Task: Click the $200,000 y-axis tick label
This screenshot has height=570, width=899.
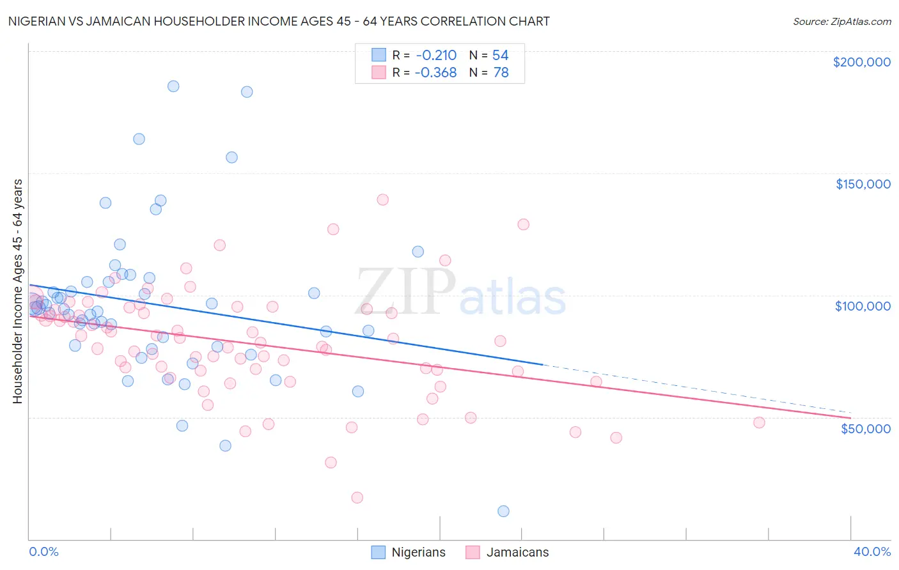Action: [x=861, y=62]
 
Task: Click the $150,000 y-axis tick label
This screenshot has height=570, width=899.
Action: [x=863, y=184]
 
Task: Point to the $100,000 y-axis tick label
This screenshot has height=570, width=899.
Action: [x=863, y=306]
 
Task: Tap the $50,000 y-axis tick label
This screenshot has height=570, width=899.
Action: [x=865, y=428]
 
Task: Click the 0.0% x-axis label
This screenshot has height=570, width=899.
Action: [x=43, y=551]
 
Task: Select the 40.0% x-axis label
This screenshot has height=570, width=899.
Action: [x=872, y=551]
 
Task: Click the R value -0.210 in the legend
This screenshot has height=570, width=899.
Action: [x=435, y=56]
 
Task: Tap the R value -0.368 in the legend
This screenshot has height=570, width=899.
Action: [x=435, y=73]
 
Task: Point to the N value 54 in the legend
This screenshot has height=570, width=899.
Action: [x=500, y=56]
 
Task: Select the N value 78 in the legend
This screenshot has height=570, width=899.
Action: [x=501, y=73]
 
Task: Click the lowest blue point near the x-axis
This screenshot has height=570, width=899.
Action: [x=503, y=511]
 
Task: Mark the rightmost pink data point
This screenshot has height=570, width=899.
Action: [x=759, y=422]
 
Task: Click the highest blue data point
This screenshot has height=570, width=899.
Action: [x=173, y=86]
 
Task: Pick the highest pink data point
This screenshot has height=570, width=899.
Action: [x=382, y=199]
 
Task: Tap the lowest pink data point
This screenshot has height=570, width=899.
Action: [x=357, y=498]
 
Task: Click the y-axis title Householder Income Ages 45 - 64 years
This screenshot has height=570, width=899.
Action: [x=18, y=291]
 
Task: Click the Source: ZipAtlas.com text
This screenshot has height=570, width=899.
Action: [x=841, y=22]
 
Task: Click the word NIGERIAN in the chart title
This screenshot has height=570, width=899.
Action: [x=37, y=22]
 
